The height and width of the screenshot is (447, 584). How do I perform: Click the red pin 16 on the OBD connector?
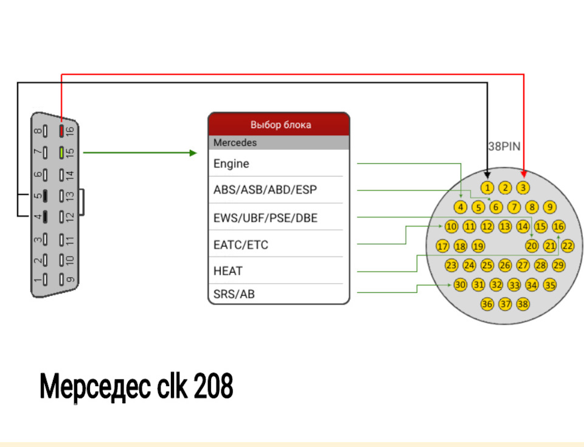[61, 130]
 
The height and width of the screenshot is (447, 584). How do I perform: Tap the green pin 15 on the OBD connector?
[61, 152]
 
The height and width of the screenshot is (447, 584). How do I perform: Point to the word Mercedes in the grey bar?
[235, 143]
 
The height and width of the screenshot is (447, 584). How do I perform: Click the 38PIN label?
[504, 147]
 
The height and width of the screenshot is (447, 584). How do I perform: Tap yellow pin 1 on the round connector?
[487, 188]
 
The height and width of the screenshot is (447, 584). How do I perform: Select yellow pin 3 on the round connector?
[523, 188]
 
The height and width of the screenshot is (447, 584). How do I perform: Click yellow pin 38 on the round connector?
[523, 304]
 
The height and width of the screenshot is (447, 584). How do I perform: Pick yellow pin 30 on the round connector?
[460, 284]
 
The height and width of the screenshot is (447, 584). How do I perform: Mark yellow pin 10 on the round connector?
[451, 227]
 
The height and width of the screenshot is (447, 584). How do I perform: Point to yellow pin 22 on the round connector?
[568, 246]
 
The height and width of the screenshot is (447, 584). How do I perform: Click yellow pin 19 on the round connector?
[478, 246]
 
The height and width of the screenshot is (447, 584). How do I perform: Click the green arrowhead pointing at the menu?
[193, 153]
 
